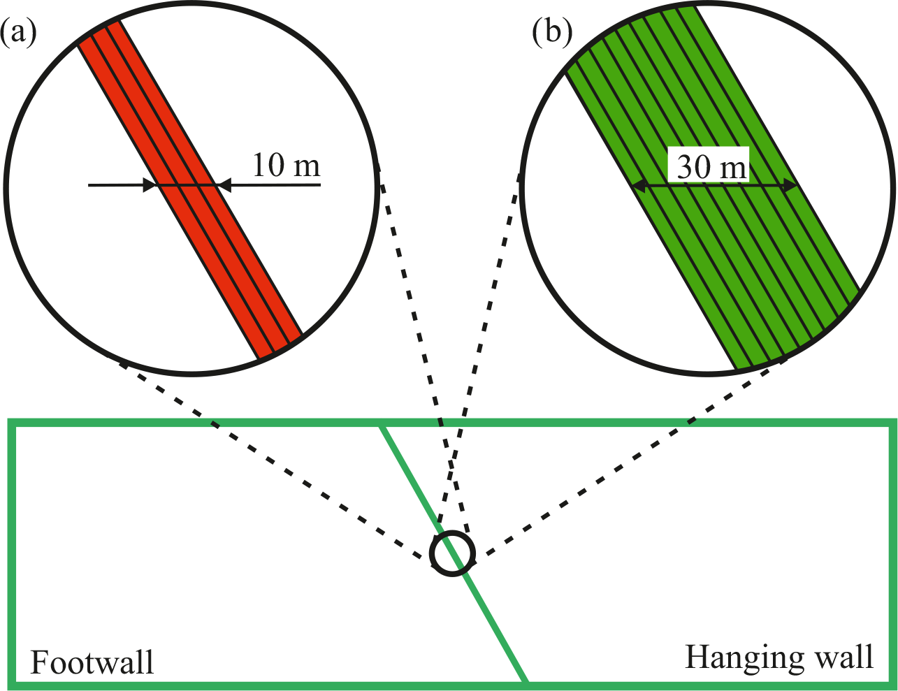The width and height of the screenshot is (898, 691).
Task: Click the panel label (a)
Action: coord(18,33)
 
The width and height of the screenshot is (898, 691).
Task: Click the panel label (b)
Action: coord(551,33)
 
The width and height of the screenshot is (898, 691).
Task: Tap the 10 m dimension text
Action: coord(285,166)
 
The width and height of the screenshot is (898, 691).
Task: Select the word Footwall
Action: coord(92,662)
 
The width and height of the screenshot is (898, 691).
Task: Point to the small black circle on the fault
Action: coord(453,553)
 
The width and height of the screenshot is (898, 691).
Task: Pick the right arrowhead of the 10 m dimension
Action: coord(222,185)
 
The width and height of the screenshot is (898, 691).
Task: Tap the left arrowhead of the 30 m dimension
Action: coord(637,186)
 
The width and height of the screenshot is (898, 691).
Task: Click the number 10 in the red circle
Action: coord(266,166)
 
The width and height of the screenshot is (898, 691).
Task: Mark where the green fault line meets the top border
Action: coord(382,423)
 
